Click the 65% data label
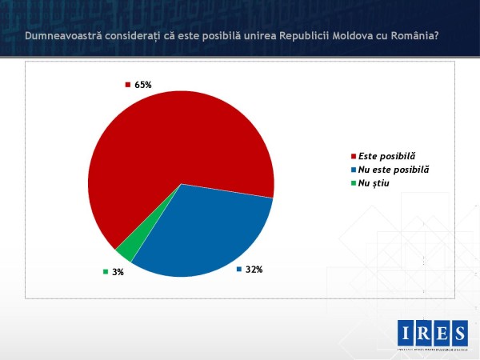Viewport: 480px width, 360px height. [143, 84]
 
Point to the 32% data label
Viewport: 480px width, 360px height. [254, 269]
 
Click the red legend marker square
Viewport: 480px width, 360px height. [354, 157]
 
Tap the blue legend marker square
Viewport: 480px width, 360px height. [354, 170]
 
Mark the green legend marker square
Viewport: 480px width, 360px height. [354, 184]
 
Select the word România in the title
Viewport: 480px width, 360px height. [408, 35]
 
